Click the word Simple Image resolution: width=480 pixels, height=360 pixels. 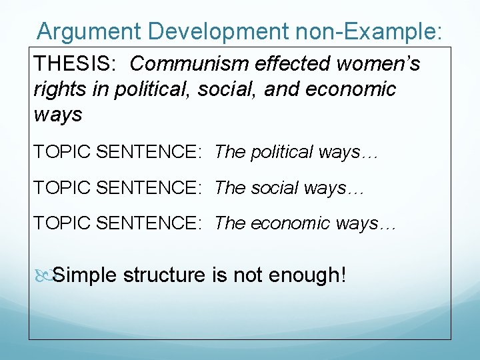click(x=85, y=274)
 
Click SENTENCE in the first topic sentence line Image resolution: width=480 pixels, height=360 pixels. click(x=149, y=152)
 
